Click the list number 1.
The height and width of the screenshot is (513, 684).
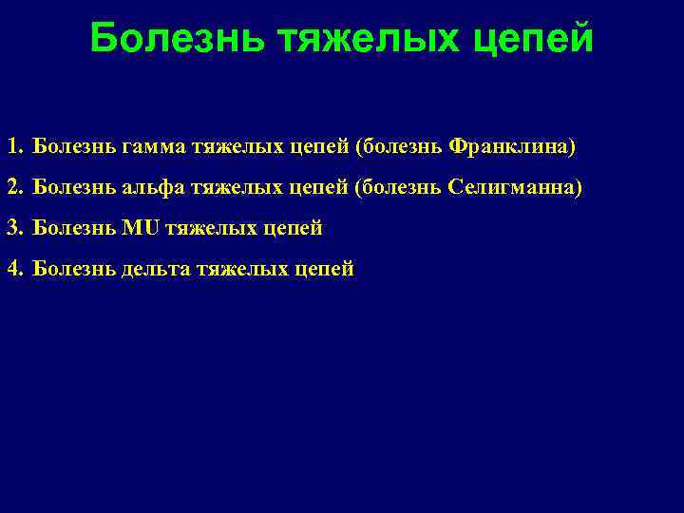[x=13, y=148]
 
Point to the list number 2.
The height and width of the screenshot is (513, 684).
[x=13, y=188]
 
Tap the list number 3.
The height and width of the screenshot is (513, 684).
[x=13, y=228]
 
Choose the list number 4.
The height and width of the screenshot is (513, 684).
[x=13, y=269]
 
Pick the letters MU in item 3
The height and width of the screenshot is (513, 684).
[x=142, y=228]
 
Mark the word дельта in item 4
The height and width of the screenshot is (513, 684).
[x=157, y=270]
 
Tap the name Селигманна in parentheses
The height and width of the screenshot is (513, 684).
[x=511, y=189]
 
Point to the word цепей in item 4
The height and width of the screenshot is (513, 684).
[x=324, y=270]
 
